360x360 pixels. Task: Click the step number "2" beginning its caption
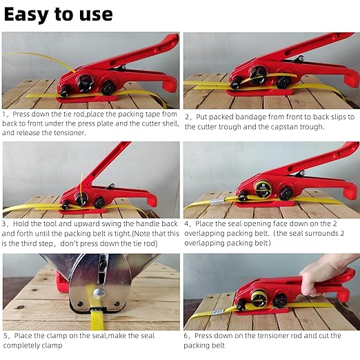coord(187,117)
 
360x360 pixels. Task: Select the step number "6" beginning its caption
coord(187,336)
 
